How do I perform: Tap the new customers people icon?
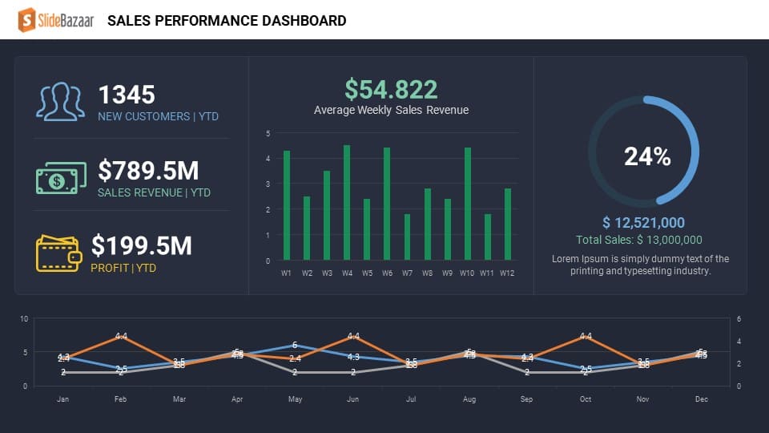(x=60, y=102)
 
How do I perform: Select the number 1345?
(x=127, y=95)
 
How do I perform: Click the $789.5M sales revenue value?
(x=148, y=171)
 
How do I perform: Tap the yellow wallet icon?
(x=58, y=253)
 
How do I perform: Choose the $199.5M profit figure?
(x=142, y=246)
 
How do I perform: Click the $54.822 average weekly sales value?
(x=391, y=89)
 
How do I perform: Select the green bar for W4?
(x=347, y=203)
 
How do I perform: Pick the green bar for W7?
(x=407, y=237)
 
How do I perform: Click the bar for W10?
(x=468, y=204)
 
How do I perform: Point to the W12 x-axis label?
(x=506, y=273)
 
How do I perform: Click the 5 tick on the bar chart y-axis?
(x=268, y=133)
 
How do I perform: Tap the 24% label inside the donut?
(x=647, y=157)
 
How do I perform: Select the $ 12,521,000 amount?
(x=643, y=223)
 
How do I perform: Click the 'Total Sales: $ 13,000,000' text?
(x=639, y=240)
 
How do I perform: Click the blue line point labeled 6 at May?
(x=295, y=346)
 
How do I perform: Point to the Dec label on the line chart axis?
(x=701, y=399)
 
